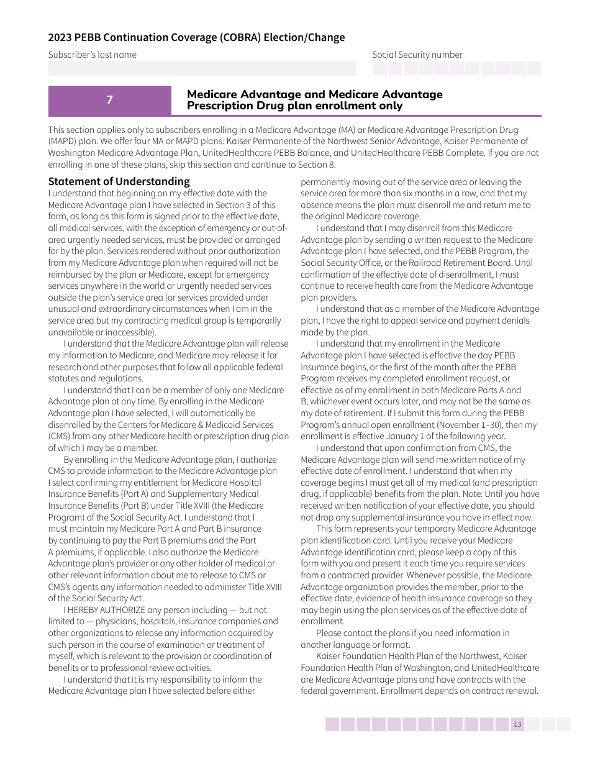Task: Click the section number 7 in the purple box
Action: tap(109, 100)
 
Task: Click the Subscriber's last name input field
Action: tap(202, 68)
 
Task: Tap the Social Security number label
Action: tap(417, 55)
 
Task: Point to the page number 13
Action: tap(517, 724)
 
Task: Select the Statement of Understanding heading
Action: tap(119, 181)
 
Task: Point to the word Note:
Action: tap(473, 494)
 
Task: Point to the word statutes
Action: tap(65, 379)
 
